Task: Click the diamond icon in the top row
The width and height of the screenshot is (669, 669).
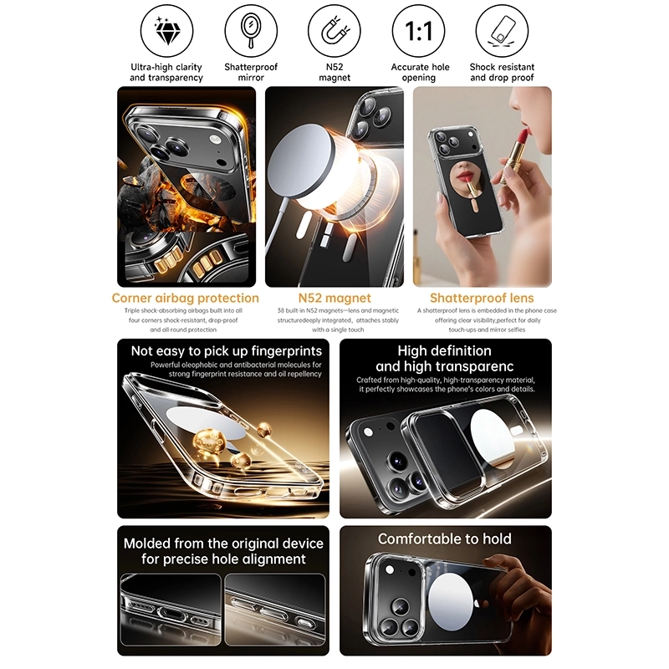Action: click(166, 31)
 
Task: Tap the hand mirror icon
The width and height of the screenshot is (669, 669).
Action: click(251, 31)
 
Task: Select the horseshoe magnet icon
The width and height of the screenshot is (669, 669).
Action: click(334, 31)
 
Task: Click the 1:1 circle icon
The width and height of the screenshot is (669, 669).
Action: click(419, 31)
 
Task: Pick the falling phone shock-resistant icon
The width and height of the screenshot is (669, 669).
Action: click(503, 31)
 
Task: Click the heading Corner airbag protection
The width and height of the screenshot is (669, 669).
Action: click(185, 298)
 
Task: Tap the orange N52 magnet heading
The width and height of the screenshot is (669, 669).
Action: click(334, 298)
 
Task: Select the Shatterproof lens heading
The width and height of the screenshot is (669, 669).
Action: click(482, 298)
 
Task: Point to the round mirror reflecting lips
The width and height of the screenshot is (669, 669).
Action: click(467, 180)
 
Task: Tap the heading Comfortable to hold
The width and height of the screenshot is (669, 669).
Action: click(445, 539)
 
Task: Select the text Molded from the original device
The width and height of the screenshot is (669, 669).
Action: click(223, 544)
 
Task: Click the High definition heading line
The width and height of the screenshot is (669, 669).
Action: click(445, 350)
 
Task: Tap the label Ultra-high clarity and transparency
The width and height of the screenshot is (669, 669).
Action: click(166, 72)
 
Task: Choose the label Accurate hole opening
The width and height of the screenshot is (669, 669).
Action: click(420, 72)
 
